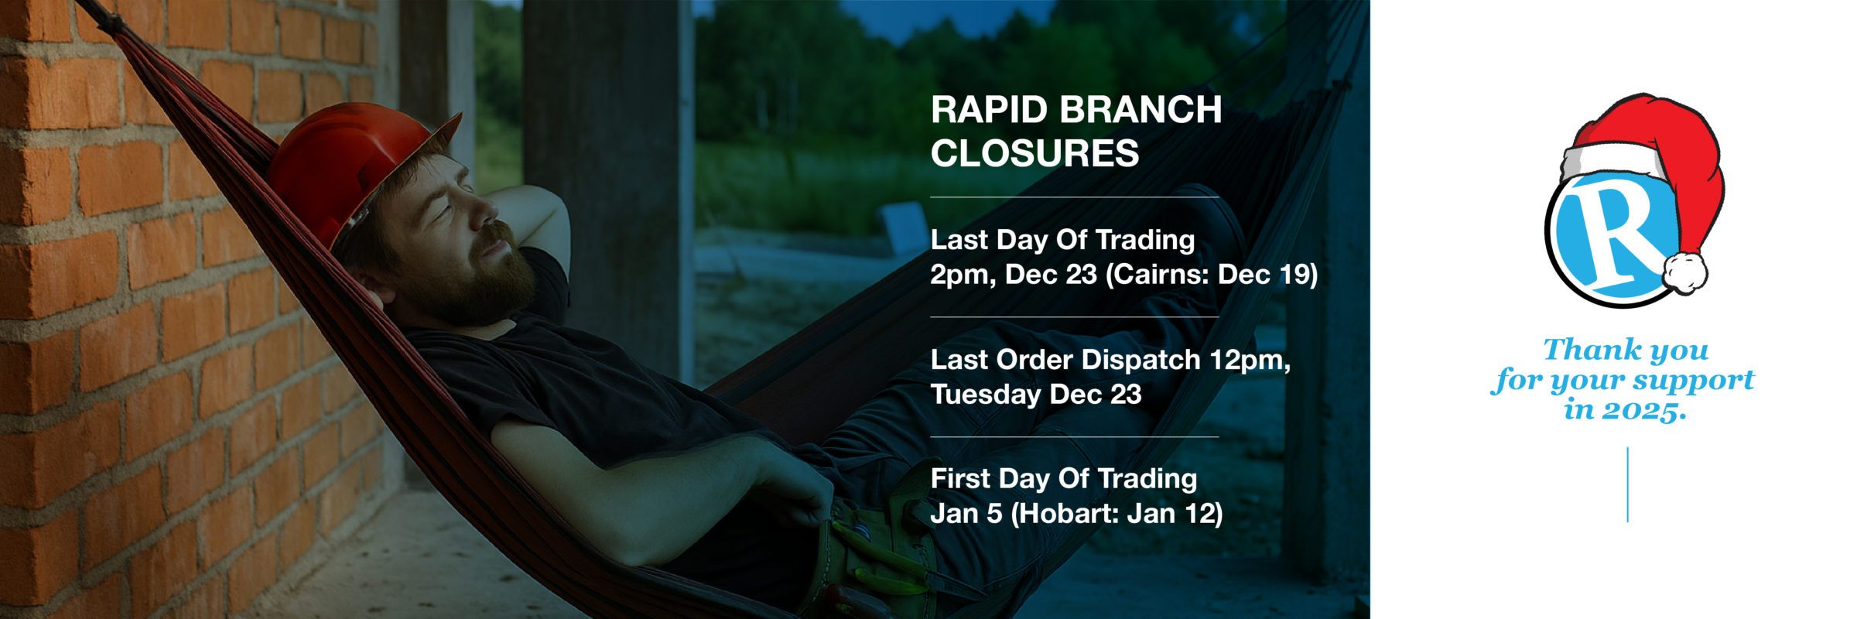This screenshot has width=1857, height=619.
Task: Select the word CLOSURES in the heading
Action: point(1035,153)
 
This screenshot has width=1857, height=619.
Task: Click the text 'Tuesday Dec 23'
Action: point(1036,395)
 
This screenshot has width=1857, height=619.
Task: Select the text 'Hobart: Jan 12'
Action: point(1117,514)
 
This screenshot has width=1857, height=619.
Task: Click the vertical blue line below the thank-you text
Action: point(1628,484)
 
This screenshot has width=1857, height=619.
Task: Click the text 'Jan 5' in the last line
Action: point(966,514)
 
